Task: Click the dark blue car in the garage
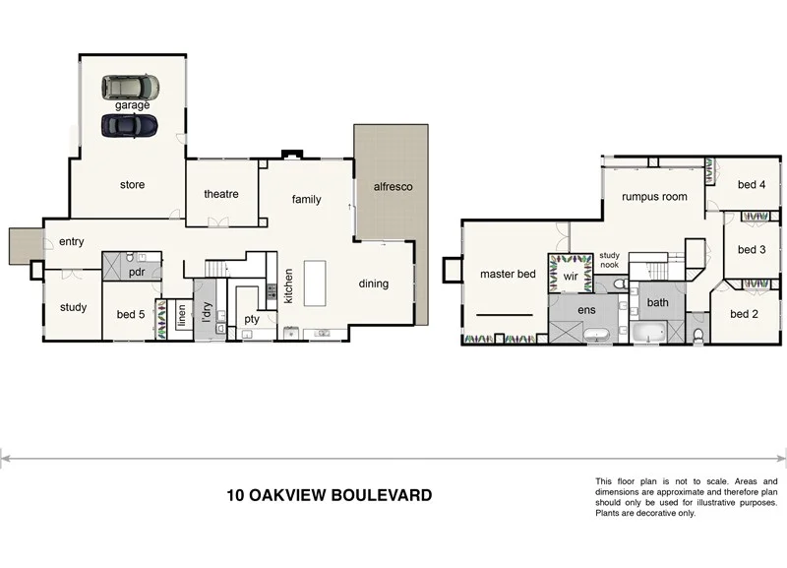[x=128, y=125]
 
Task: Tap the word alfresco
[x=392, y=186]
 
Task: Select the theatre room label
[x=221, y=194]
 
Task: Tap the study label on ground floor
[x=74, y=307]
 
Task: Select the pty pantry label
[x=252, y=319]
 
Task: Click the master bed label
[x=508, y=274]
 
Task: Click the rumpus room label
[x=654, y=197]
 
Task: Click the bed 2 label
[x=744, y=314]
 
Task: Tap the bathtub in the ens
[x=597, y=335]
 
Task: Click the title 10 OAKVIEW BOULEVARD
[x=329, y=495]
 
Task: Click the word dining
[x=374, y=284]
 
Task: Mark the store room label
[x=132, y=184]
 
